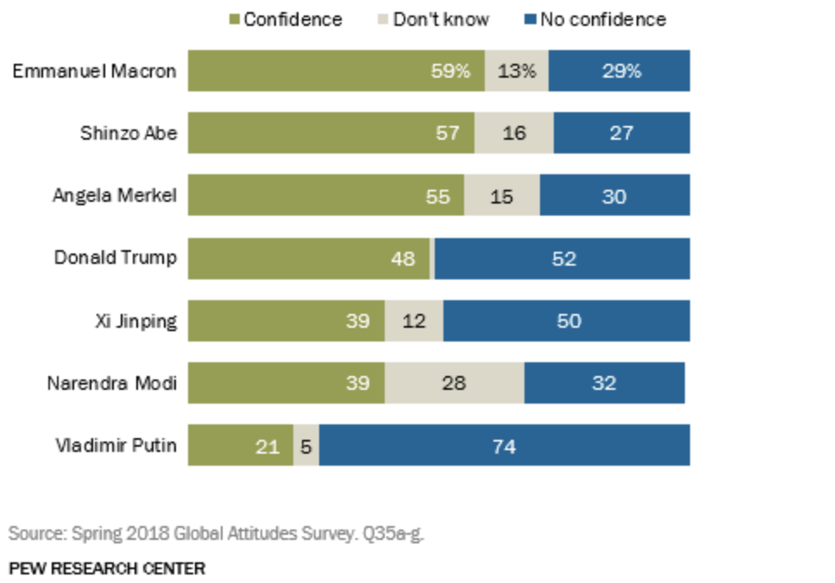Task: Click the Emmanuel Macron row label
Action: [94, 71]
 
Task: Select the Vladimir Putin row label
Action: [116, 445]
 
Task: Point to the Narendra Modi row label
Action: [111, 382]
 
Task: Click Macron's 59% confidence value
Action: [450, 71]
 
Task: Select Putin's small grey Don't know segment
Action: [305, 445]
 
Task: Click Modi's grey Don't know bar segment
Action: [454, 382]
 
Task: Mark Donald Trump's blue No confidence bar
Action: [562, 258]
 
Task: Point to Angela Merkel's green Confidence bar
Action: [325, 196]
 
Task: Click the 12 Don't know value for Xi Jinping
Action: [413, 321]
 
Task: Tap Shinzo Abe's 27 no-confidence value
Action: [621, 133]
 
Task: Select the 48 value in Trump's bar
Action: [403, 258]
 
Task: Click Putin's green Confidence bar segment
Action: [240, 445]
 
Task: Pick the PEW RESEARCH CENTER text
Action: [107, 567]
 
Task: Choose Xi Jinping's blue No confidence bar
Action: [566, 321]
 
